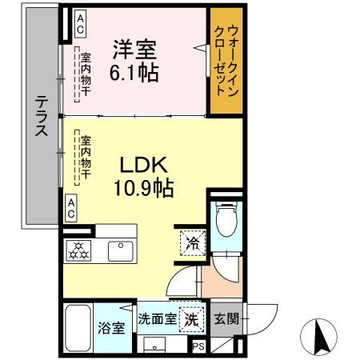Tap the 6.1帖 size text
(x=134, y=72)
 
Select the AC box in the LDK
(x=71, y=209)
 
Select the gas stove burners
(x=80, y=250)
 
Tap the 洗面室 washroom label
(x=157, y=318)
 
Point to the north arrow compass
(x=320, y=336)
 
